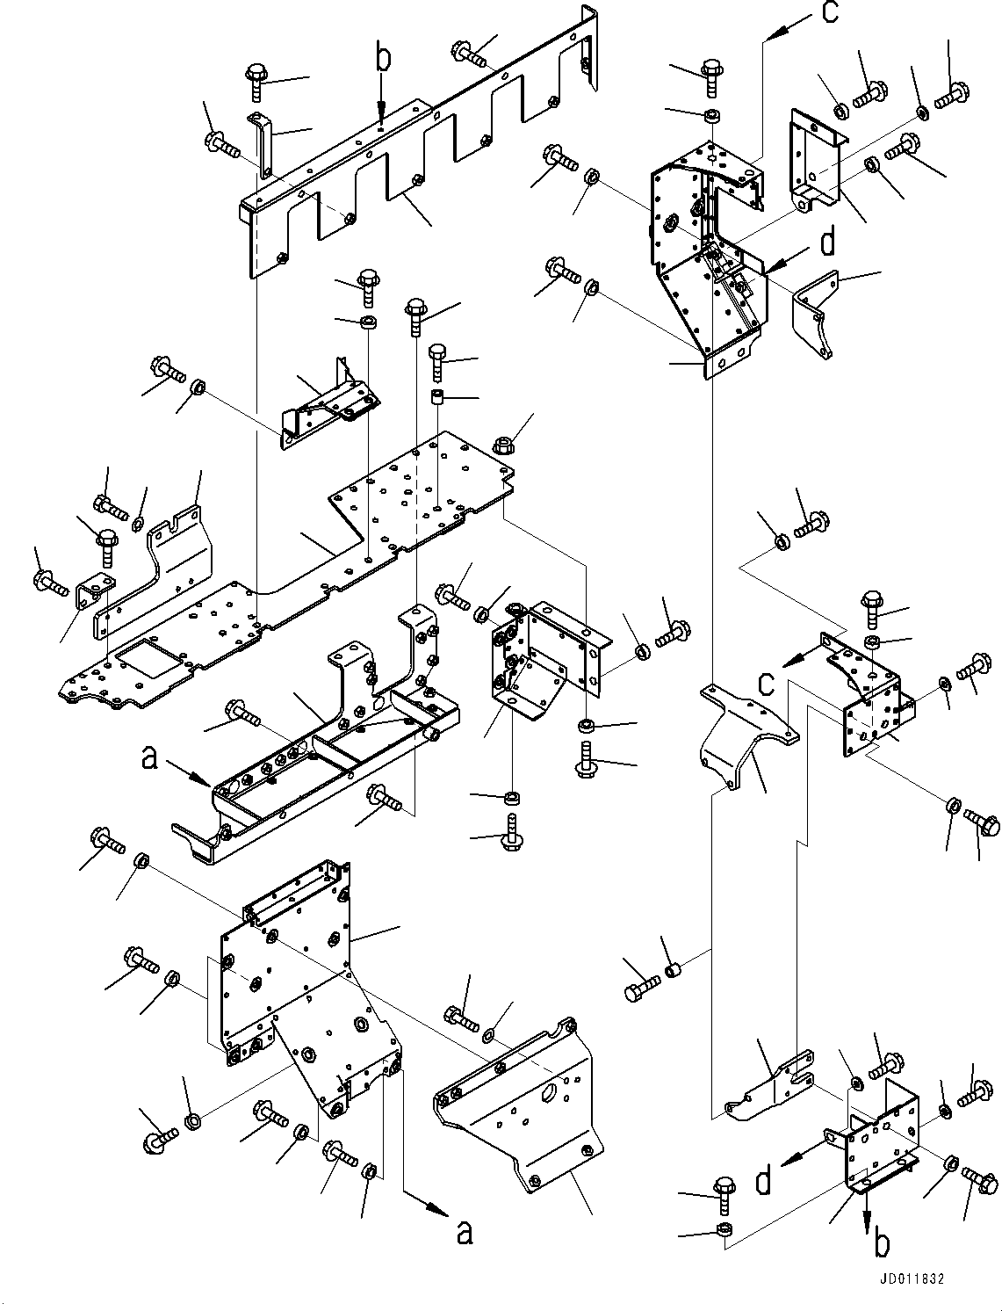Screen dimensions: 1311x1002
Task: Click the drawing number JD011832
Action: (x=908, y=1280)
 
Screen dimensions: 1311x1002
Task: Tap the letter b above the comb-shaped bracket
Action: (x=382, y=59)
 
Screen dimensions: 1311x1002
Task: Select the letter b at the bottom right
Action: (x=881, y=1244)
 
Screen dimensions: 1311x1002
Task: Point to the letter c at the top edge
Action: (x=829, y=12)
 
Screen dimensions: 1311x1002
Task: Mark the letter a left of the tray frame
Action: (x=150, y=757)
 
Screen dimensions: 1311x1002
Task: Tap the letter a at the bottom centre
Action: (x=465, y=1233)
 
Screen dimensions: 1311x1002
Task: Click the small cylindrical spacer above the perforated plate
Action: (x=437, y=397)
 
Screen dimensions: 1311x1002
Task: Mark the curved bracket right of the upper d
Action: (x=814, y=316)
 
